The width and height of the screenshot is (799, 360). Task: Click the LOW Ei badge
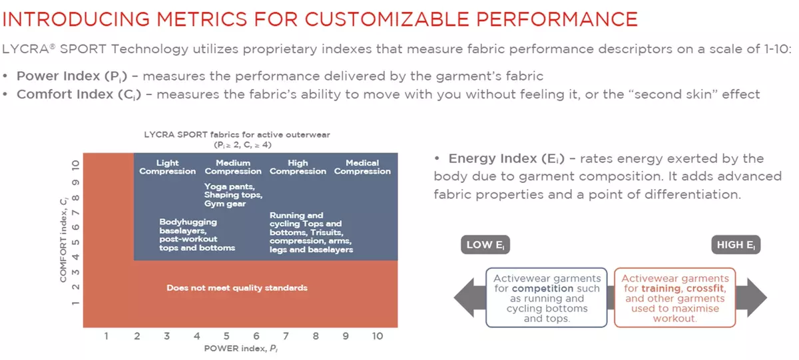click(x=485, y=244)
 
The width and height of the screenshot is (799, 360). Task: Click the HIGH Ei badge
click(x=736, y=244)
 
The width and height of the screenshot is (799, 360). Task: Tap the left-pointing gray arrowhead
click(x=469, y=297)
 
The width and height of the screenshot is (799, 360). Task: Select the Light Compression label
click(x=167, y=167)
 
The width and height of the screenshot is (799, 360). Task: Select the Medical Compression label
click(x=362, y=167)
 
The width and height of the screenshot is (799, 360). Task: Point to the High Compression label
click(x=298, y=167)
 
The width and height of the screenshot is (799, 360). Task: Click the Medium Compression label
click(x=233, y=167)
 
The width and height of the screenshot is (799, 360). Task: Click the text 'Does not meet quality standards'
click(x=237, y=287)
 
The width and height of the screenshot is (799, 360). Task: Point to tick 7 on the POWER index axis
click(x=286, y=336)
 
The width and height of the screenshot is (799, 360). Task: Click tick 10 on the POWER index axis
click(x=378, y=336)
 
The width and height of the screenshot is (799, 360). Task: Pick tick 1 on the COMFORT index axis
click(x=75, y=303)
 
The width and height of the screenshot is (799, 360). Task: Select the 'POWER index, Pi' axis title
click(x=241, y=348)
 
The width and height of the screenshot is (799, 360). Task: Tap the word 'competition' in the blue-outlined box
click(x=543, y=288)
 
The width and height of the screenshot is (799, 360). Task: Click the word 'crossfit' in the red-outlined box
click(x=705, y=288)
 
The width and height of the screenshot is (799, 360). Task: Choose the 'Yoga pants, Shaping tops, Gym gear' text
click(x=233, y=195)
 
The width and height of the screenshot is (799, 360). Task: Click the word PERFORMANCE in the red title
click(x=557, y=19)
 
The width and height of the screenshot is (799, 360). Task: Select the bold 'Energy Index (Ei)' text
click(x=507, y=158)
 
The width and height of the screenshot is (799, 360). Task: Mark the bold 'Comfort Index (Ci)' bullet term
click(x=79, y=94)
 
